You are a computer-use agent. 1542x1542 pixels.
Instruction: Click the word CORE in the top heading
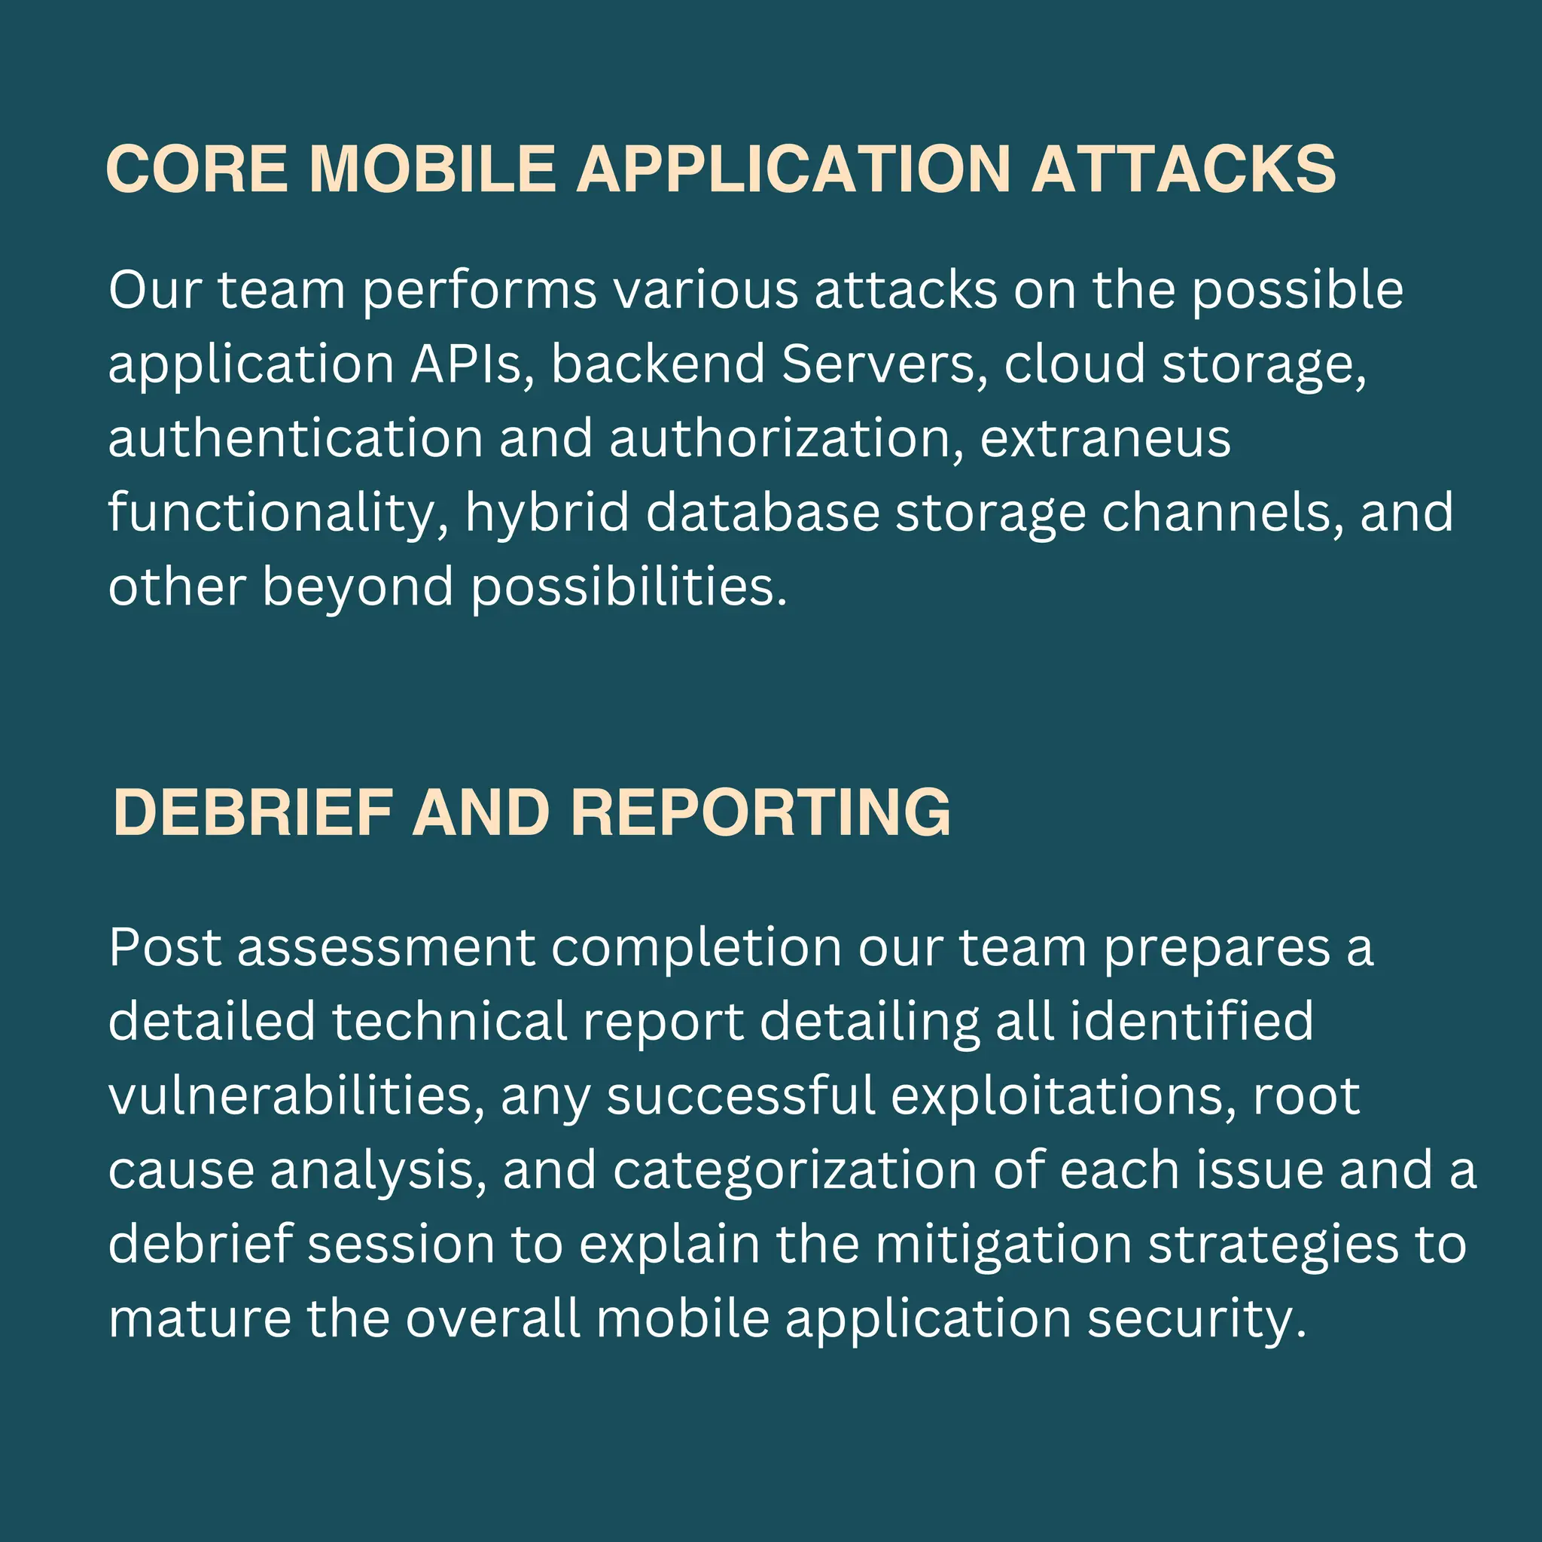pos(197,169)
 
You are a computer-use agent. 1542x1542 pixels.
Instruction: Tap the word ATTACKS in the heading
pos(1183,169)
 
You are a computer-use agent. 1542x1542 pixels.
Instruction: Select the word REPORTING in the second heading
pos(760,812)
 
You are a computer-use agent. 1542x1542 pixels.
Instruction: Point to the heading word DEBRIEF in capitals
pos(253,812)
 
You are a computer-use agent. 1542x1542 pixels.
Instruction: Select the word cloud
pos(1074,364)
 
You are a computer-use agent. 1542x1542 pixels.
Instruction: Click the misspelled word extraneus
pos(1105,439)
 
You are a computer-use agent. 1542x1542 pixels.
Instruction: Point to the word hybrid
pos(547,513)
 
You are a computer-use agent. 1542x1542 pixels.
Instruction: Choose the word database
pos(762,513)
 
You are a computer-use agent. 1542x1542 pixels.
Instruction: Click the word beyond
pos(358,587)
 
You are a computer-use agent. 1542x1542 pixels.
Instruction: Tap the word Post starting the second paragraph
pos(164,948)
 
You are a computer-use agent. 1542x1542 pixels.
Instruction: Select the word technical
pos(449,1022)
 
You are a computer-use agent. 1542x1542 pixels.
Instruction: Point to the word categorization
pos(795,1170)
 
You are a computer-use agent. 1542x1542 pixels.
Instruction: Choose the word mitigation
pos(1003,1245)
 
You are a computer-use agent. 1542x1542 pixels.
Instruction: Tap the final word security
pos(1196,1318)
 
